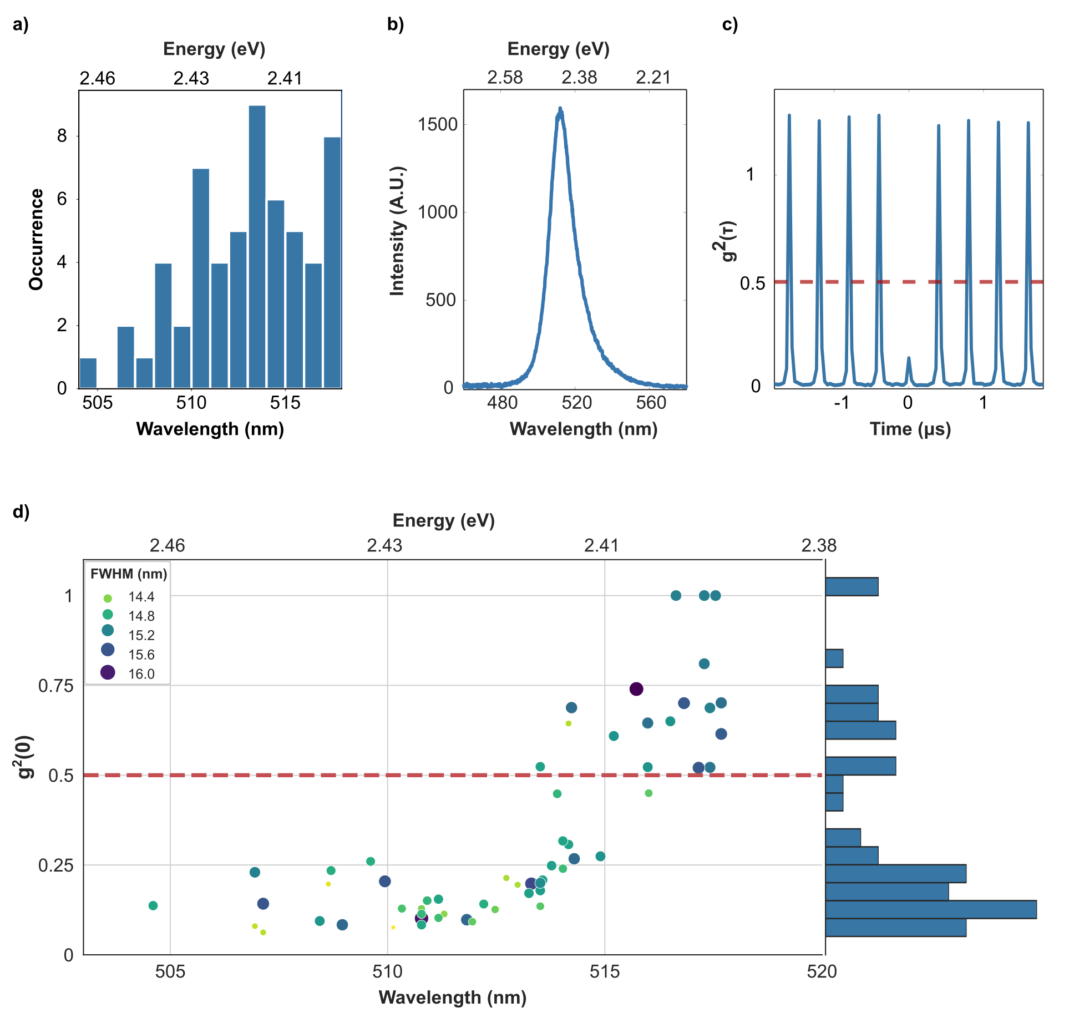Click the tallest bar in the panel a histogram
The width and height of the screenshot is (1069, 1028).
click(257, 246)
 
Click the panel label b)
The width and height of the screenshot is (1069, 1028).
click(396, 24)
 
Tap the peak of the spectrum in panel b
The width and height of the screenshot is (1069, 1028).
click(560, 109)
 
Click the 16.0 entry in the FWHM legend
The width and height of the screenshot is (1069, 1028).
click(141, 674)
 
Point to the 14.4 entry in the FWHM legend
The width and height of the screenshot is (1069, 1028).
click(141, 597)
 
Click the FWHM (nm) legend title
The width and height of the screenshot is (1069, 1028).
click(129, 574)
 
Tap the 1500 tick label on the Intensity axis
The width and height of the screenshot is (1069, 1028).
click(438, 124)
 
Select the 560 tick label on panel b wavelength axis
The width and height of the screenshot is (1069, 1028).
click(651, 403)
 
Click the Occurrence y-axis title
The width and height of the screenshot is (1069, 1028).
click(37, 239)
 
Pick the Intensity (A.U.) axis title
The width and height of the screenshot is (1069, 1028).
click(398, 230)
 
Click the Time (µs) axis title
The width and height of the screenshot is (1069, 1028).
click(910, 429)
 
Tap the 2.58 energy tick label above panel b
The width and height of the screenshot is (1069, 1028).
click(505, 78)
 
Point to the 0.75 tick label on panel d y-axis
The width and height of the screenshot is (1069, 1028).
click(55, 686)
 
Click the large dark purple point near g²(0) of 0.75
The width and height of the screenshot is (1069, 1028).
click(636, 689)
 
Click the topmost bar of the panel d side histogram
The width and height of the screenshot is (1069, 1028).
click(852, 586)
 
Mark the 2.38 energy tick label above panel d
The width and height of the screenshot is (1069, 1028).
click(819, 546)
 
